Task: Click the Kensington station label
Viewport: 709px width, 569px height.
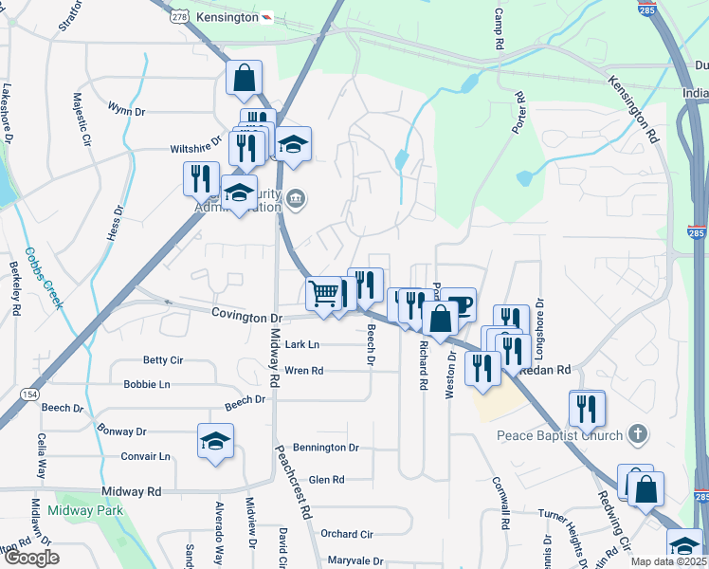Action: tap(227, 18)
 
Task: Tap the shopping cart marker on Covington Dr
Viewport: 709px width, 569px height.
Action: tap(324, 293)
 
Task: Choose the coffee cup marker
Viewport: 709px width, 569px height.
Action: tap(458, 304)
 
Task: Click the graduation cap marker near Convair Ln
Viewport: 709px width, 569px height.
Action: tap(216, 440)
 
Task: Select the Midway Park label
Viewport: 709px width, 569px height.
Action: tap(86, 511)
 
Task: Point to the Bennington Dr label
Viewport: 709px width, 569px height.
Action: tap(326, 447)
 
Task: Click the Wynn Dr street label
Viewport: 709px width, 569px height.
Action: tap(126, 111)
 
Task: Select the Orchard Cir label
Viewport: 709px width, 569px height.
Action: tap(347, 534)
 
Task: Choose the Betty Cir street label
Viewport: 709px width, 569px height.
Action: tap(162, 360)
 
